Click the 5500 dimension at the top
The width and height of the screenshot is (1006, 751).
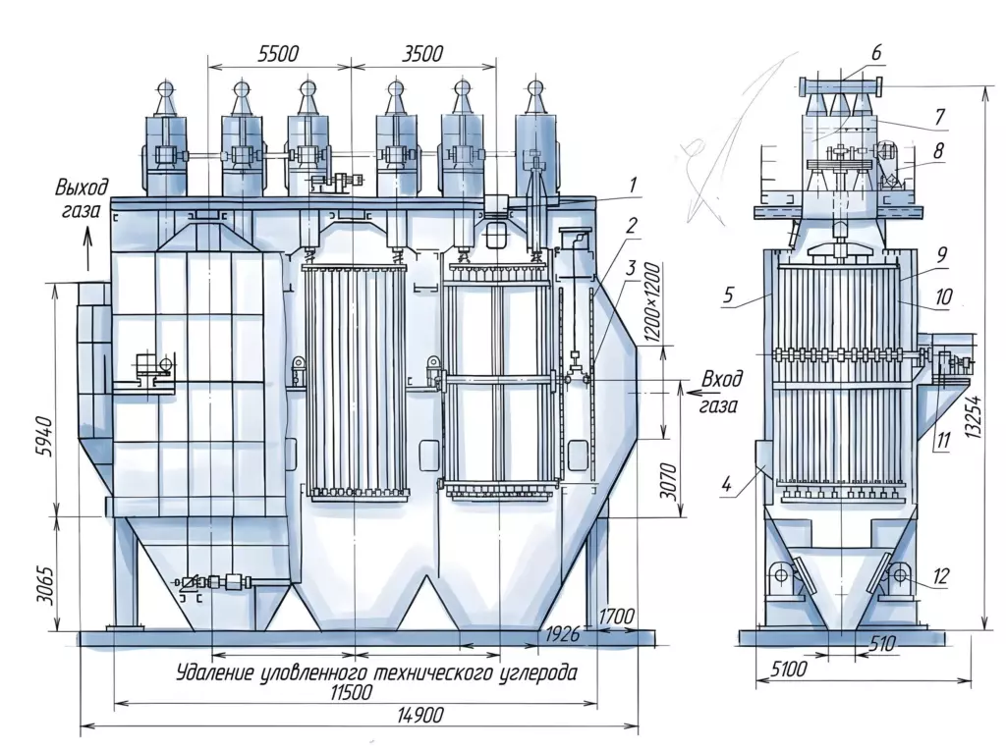[x=278, y=53]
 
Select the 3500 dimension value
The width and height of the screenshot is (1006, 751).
[x=422, y=53]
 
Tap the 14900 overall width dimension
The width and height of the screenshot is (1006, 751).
[x=419, y=714]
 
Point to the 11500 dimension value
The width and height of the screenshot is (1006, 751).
[x=352, y=692]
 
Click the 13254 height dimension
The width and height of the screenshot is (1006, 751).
[x=975, y=416]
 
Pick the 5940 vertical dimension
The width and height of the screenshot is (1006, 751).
[x=44, y=437]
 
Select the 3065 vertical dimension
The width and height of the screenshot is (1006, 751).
[x=44, y=584]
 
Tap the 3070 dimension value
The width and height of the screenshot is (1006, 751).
[x=668, y=482]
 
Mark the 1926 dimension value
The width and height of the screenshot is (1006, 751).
[x=562, y=634]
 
